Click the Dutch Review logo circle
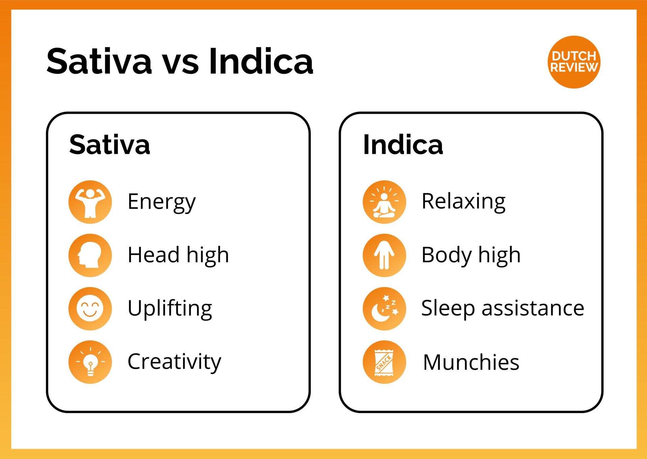point(574,62)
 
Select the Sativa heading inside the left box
point(110,145)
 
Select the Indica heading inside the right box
point(403,145)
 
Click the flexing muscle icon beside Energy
point(90,202)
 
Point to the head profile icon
point(90,255)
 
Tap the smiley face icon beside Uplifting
point(90,309)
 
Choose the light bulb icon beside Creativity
point(90,362)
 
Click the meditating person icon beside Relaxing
point(384,202)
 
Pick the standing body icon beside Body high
point(384,255)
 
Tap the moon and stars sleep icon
point(384,309)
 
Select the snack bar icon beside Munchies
point(384,362)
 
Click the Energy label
point(162,202)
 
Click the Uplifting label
point(170,308)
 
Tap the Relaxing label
point(464,202)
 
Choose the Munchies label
point(471,363)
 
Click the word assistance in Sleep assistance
point(533,308)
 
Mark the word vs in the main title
point(181,66)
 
